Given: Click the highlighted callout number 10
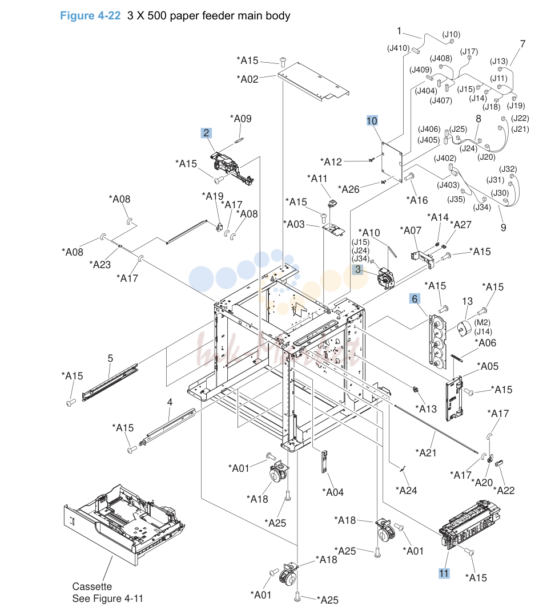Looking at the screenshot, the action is tap(372, 121).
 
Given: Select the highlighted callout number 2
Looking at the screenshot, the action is tap(206, 133).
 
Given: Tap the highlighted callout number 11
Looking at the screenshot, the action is tap(444, 573).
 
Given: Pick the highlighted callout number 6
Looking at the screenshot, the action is tap(415, 299).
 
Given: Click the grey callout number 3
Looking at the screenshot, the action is tap(357, 269).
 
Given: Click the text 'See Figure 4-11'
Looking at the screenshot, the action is tap(107, 598).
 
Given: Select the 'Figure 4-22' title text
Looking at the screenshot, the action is tap(90, 16).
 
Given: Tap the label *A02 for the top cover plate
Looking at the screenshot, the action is tap(247, 79).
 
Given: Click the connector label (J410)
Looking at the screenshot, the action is tap(399, 48).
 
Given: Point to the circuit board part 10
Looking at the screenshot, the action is tap(392, 163).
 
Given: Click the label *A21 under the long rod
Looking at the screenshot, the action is tap(426, 453).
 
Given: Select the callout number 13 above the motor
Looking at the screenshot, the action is tap(467, 301).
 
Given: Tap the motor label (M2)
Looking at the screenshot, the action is tap(482, 322).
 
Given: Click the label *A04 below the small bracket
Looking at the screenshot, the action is tap(333, 492).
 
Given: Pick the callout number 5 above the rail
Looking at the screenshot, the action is tap(110, 358).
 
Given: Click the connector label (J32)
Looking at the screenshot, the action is tap(508, 169).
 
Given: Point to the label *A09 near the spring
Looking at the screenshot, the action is tap(240, 119).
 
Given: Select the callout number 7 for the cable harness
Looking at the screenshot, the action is tap(522, 44).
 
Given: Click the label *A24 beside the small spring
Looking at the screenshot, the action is tap(407, 491).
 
